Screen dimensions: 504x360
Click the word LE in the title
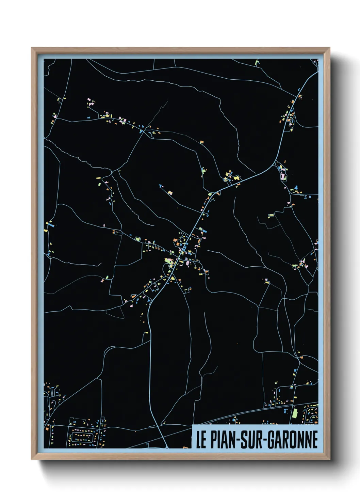(201, 440)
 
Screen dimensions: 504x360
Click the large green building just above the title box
(295, 413)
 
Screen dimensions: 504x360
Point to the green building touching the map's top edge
(257, 62)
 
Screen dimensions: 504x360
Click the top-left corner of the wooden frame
(32, 48)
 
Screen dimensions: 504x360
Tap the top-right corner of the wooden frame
(329, 48)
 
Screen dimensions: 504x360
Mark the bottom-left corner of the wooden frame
(32, 459)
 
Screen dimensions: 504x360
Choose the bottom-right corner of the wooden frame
(329, 459)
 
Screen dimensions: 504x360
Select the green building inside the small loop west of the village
(138, 239)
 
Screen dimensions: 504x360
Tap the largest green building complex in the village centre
(169, 261)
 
